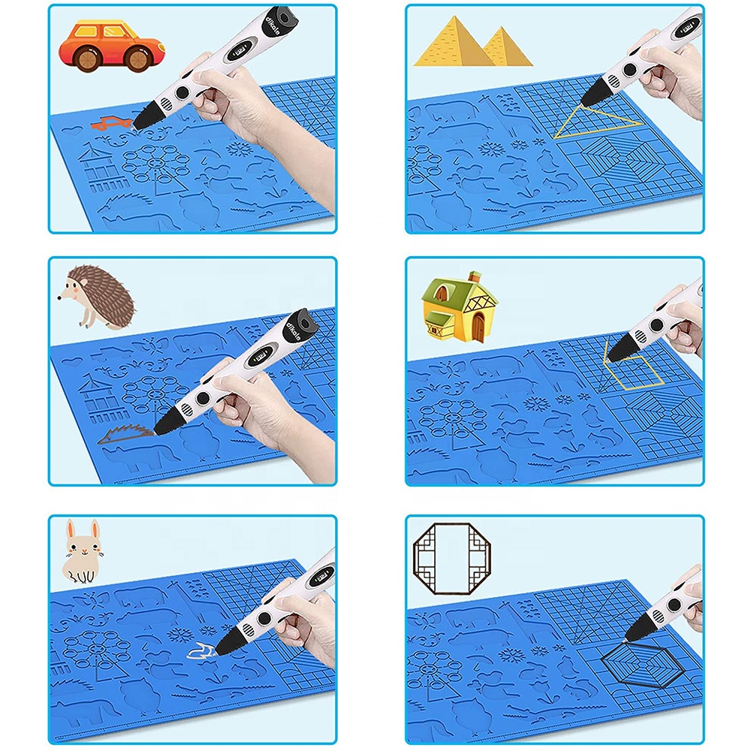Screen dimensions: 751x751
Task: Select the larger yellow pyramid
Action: point(448,44)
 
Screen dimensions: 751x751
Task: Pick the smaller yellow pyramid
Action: point(505,47)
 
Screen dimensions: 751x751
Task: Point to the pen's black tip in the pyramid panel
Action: point(587,98)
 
